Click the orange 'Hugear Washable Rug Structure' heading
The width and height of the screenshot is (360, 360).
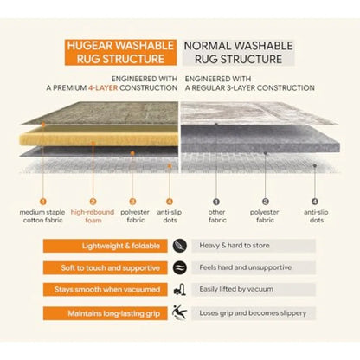pyautogui.click(x=120, y=52)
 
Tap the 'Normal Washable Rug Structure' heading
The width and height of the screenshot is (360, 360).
pyautogui.click(x=238, y=52)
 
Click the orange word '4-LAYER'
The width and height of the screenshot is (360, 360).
pyautogui.click(x=103, y=87)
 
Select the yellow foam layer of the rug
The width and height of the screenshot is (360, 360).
pyautogui.click(x=99, y=137)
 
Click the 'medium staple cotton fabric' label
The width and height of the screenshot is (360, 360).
pyautogui.click(x=42, y=216)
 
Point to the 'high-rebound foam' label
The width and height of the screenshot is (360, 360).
pyautogui.click(x=93, y=216)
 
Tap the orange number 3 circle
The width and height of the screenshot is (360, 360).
pyautogui.click(x=132, y=202)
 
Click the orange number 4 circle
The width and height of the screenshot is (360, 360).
pyautogui.click(x=170, y=202)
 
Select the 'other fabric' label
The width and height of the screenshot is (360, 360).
pyautogui.click(x=217, y=216)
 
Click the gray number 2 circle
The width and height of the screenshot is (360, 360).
pyautogui.click(x=266, y=202)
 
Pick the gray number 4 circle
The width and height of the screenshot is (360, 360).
pyautogui.click(x=315, y=202)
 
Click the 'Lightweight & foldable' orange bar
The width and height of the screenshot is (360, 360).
pyautogui.click(x=106, y=246)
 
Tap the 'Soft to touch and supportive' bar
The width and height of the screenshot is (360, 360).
pyautogui.click(x=106, y=267)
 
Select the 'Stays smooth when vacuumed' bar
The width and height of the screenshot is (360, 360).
pyautogui.click(x=106, y=289)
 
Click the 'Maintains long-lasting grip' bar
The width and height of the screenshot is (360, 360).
pyautogui.click(x=106, y=313)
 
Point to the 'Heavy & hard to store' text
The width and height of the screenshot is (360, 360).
pyautogui.click(x=235, y=246)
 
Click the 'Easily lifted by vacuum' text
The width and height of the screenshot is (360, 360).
pyautogui.click(x=236, y=289)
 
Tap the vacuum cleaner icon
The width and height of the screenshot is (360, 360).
pyautogui.click(x=180, y=290)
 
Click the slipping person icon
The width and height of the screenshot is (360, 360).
pyautogui.click(x=179, y=312)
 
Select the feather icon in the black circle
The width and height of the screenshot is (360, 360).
pyautogui.click(x=180, y=246)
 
